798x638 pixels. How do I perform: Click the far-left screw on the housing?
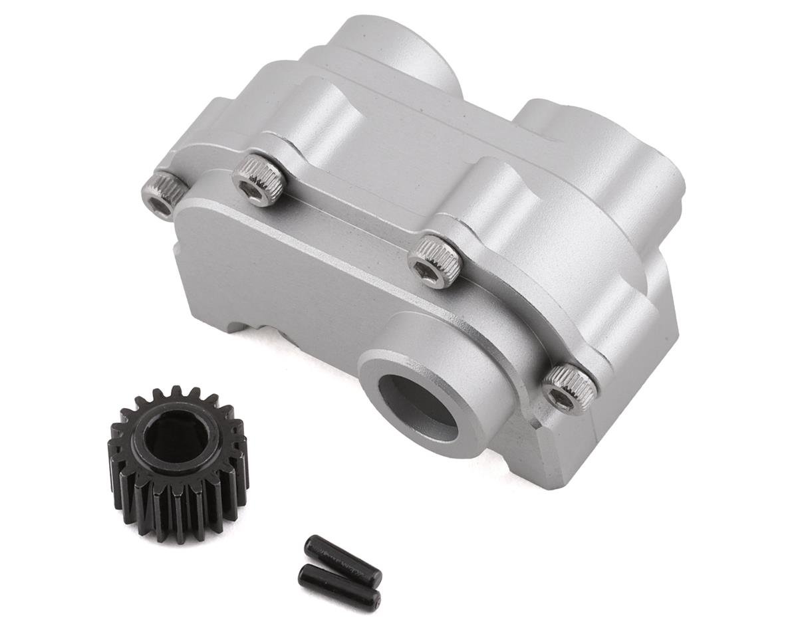(163, 195)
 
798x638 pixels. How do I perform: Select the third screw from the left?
(434, 261)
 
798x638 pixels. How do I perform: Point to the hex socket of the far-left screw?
(160, 207)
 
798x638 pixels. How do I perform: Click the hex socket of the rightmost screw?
(562, 399)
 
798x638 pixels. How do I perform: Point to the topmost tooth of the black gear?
(176, 393)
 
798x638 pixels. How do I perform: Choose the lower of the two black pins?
(339, 587)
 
